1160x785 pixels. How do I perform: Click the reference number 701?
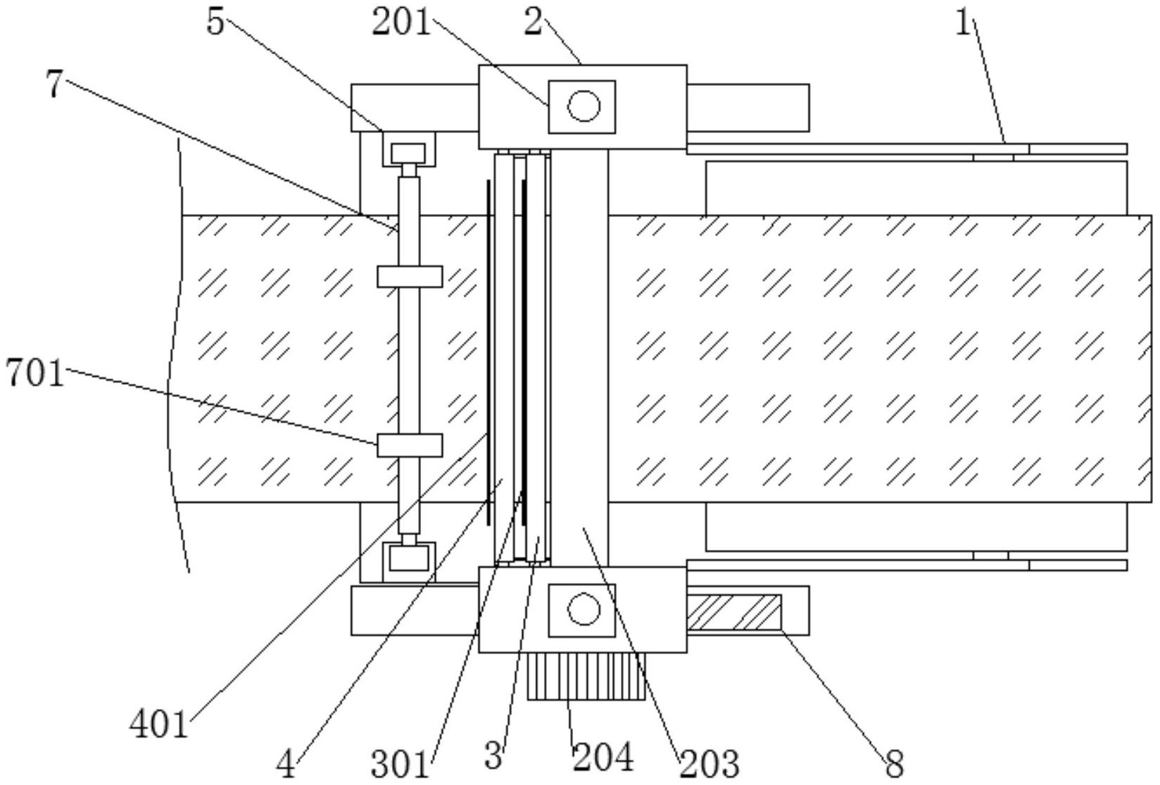point(34,373)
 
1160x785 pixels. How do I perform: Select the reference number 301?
point(400,765)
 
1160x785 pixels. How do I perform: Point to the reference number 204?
point(603,757)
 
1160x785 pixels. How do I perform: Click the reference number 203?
point(710,765)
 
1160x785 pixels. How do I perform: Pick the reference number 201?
point(401,23)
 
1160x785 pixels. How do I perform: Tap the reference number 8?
point(895,765)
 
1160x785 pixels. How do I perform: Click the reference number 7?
point(54,84)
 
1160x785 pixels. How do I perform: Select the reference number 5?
point(215,22)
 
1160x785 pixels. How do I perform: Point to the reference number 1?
point(963,23)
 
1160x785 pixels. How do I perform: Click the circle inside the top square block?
point(584,106)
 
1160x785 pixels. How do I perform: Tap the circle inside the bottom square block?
point(584,610)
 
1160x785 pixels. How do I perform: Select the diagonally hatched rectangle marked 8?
point(734,612)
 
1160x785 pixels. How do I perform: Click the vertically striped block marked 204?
point(586,677)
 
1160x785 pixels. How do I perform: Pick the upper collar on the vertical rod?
point(410,277)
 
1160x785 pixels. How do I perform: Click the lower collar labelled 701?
point(410,446)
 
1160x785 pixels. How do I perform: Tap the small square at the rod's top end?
point(408,153)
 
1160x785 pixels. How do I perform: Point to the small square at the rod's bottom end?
point(409,559)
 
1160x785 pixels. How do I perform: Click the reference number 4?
point(285,765)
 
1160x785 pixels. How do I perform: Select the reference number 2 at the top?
point(533,23)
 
